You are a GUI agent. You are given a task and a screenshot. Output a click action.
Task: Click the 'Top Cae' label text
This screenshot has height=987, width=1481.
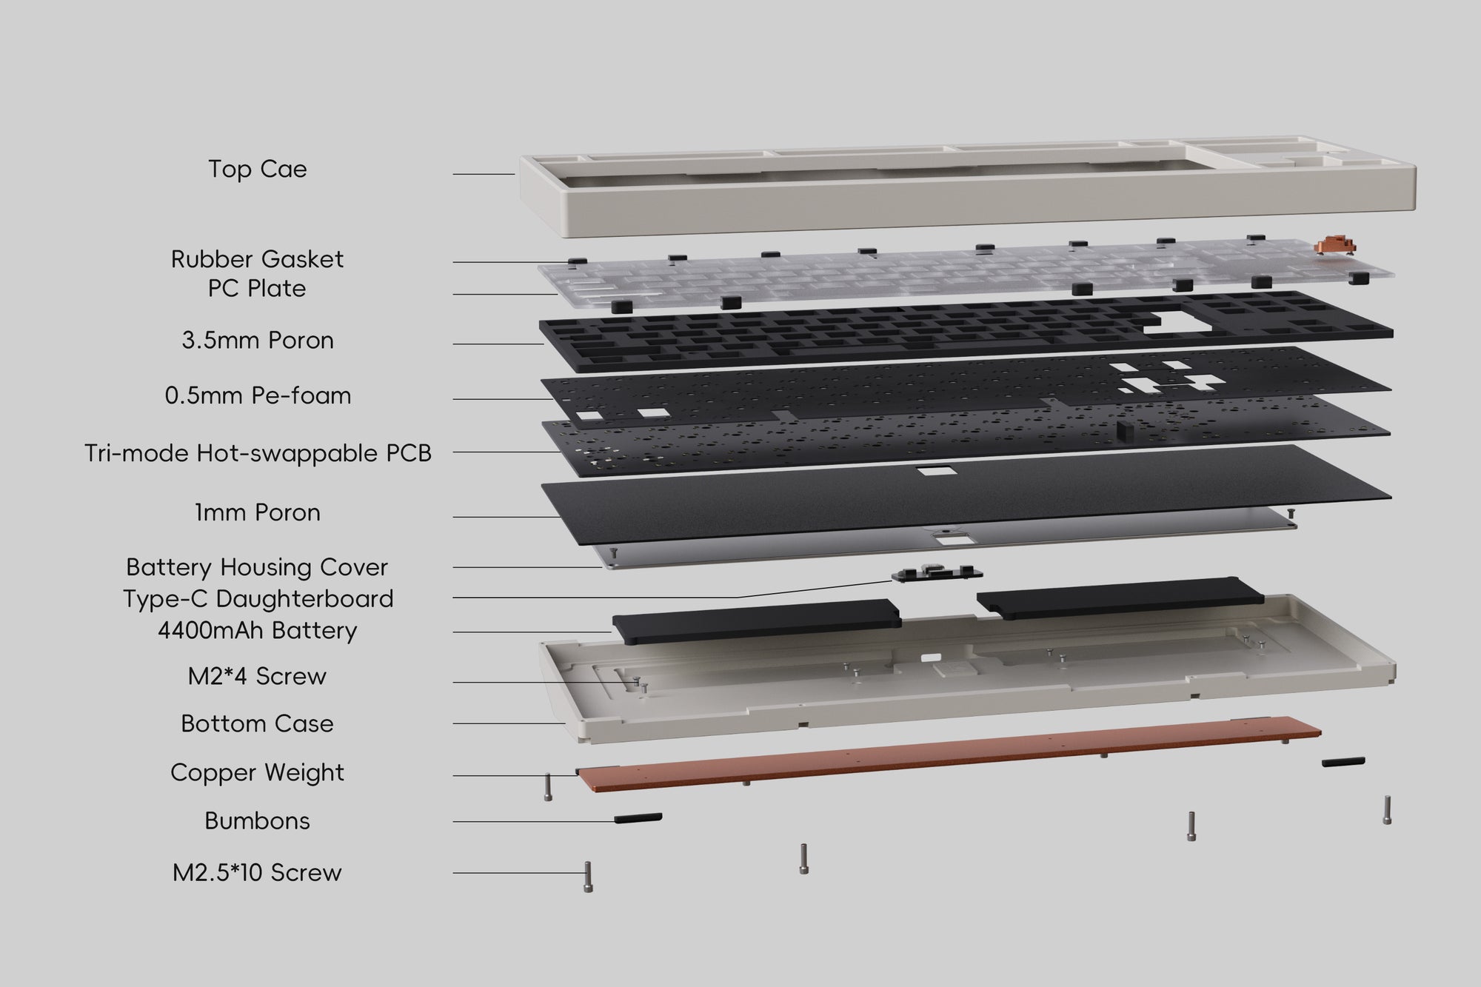(x=257, y=169)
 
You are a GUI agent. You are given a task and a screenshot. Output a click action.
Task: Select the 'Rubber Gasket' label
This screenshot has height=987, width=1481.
(x=257, y=259)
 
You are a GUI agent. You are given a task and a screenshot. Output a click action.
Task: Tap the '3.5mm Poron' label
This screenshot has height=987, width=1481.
(x=257, y=341)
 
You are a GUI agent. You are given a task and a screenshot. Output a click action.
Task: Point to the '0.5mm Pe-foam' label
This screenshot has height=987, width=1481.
(x=257, y=395)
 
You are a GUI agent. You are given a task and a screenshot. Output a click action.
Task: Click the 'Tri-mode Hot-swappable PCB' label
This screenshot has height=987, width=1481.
(x=257, y=453)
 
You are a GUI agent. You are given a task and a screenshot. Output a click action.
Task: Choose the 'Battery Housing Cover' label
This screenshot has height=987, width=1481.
(x=257, y=567)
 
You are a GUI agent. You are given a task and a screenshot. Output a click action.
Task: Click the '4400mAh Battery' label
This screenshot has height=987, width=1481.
(x=257, y=631)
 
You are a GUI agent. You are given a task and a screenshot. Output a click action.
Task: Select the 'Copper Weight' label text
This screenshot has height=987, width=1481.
(x=257, y=772)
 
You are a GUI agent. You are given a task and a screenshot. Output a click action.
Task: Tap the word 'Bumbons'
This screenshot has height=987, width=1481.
(x=257, y=820)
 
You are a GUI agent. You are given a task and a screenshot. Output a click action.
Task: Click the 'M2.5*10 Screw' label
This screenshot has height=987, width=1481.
(x=257, y=872)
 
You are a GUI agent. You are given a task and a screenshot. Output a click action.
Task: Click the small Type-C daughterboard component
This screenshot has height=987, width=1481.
(x=937, y=573)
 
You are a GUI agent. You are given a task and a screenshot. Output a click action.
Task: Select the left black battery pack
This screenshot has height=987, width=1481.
(x=755, y=620)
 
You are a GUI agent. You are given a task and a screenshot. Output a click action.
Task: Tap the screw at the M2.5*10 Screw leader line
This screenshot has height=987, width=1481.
(x=588, y=877)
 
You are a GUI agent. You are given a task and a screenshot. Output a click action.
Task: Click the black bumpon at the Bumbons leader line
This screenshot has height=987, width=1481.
(x=638, y=817)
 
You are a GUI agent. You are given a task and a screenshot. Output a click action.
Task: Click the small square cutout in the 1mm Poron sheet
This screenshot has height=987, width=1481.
(x=932, y=472)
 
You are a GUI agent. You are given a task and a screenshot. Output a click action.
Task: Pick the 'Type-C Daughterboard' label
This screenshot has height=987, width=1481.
(x=257, y=598)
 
